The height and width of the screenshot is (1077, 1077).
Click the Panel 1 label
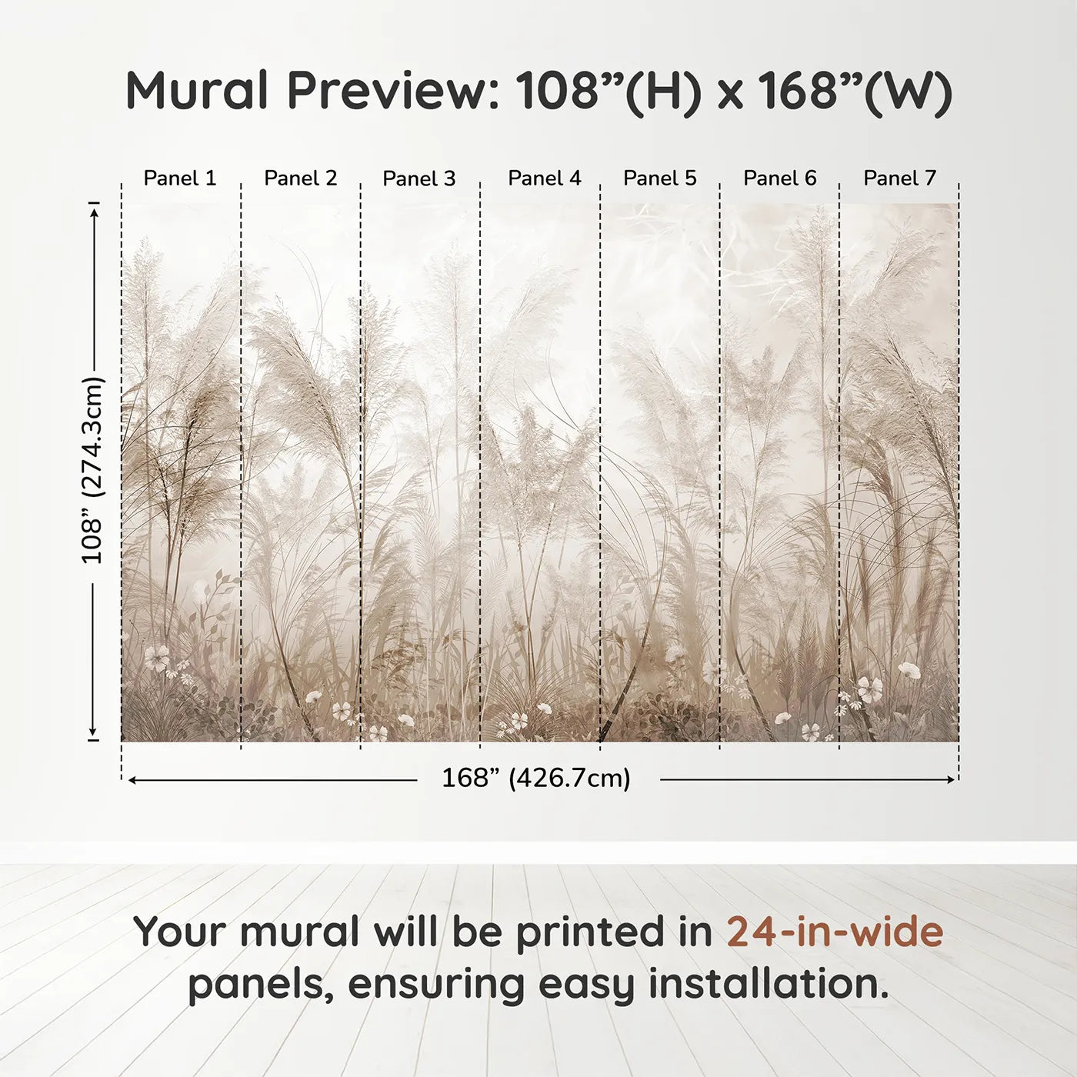(x=180, y=178)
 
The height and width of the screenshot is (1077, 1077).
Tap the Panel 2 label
(x=301, y=178)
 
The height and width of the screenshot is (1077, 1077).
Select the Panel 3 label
(x=419, y=179)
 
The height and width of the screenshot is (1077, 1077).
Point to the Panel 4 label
(x=545, y=178)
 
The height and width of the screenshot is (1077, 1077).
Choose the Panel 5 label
(x=660, y=178)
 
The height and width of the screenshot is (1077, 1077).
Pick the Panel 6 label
(x=780, y=178)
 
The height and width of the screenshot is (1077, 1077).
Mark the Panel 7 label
(x=900, y=178)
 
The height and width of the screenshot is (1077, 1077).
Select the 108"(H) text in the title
(x=609, y=91)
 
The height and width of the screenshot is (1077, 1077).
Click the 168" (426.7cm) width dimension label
(x=536, y=779)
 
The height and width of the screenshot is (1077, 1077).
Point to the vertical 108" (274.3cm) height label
(x=92, y=470)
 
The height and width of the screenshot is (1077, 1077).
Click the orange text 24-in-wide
(x=835, y=932)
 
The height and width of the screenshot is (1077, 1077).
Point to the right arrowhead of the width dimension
(x=952, y=779)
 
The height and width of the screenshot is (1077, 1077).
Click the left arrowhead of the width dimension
(x=132, y=779)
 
